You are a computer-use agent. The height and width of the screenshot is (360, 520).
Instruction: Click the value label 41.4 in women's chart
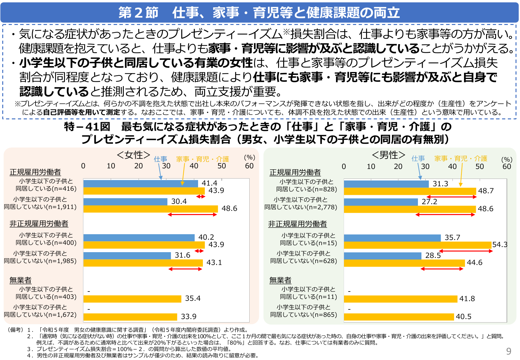click(x=209, y=183)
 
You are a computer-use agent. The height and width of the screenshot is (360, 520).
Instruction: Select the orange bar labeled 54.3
click(x=417, y=245)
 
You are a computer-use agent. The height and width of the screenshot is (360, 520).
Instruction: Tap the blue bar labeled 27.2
click(x=381, y=202)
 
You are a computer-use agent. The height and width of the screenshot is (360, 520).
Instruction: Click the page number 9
click(x=508, y=351)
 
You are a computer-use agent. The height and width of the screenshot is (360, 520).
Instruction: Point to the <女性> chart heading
click(x=133, y=155)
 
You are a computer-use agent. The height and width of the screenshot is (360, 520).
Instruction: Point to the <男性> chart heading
click(x=388, y=155)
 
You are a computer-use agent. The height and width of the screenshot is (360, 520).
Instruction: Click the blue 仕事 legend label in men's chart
click(x=418, y=158)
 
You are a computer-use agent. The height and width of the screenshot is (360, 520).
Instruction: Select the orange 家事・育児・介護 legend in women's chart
click(x=202, y=159)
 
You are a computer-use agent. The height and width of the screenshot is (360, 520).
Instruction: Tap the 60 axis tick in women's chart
click(x=249, y=166)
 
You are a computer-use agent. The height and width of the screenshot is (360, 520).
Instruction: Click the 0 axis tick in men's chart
click(x=344, y=166)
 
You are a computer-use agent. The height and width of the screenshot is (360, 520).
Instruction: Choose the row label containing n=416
click(x=46, y=185)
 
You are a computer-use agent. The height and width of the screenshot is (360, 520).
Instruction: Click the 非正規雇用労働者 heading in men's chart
click(x=297, y=224)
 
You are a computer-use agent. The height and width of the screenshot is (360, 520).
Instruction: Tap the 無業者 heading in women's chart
click(x=20, y=280)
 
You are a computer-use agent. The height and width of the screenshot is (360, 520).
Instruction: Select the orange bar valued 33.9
click(x=130, y=317)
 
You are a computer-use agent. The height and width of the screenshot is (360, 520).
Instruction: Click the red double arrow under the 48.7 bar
click(x=452, y=197)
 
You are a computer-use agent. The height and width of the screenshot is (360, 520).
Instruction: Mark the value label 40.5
click(x=463, y=316)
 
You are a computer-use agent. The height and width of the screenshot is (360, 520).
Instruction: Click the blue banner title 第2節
click(x=138, y=13)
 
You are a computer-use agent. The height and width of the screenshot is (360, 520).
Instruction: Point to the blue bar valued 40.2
click(x=139, y=237)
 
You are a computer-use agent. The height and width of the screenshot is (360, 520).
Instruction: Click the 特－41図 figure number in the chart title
click(x=87, y=127)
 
